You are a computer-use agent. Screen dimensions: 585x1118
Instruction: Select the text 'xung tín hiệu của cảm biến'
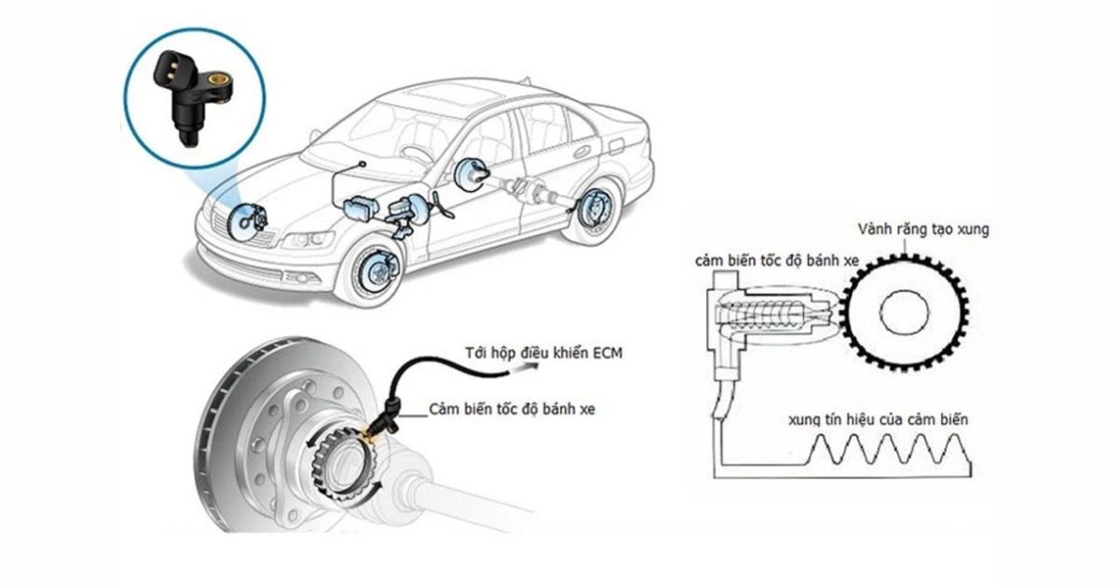coord(876,420)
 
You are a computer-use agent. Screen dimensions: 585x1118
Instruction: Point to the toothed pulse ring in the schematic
coord(904,312)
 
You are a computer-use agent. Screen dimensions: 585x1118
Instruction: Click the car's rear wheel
coord(590,213)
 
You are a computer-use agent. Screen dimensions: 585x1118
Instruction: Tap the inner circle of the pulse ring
coord(905,312)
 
